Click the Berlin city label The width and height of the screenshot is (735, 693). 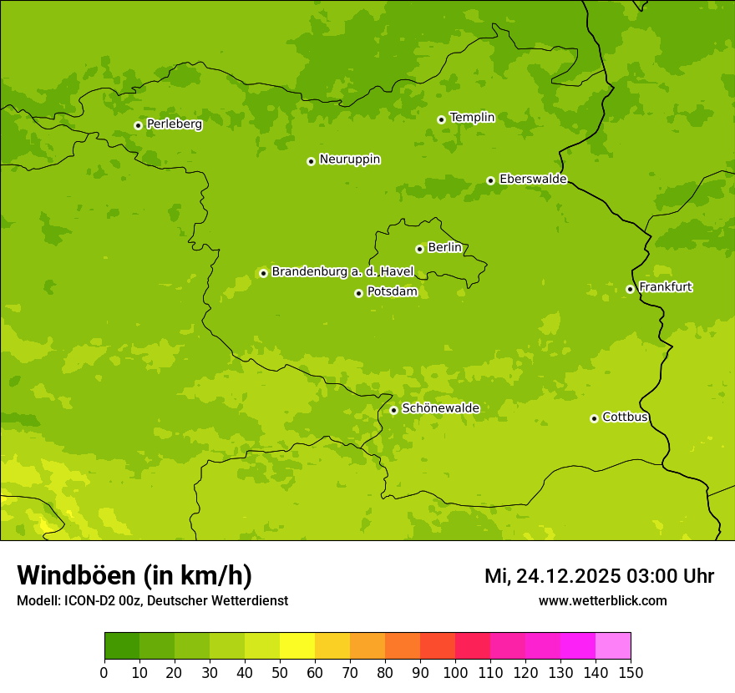[444, 248]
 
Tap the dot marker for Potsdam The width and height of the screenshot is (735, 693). [358, 293]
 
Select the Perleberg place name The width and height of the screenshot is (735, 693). [175, 124]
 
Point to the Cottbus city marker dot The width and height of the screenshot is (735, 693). [594, 418]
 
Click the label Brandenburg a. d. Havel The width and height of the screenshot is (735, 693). [342, 272]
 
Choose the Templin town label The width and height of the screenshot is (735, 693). [472, 118]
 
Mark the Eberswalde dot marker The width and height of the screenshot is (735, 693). [490, 180]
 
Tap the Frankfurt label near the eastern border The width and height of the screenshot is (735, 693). [665, 287]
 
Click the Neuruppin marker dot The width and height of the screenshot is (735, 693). [311, 161]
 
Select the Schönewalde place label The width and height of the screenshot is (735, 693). [440, 408]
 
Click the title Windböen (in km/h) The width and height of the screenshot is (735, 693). [134, 575]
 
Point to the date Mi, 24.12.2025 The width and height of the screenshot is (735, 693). [552, 576]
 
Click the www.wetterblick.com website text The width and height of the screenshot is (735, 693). [602, 600]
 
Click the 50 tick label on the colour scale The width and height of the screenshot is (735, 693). [280, 672]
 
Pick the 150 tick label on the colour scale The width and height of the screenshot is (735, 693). [631, 672]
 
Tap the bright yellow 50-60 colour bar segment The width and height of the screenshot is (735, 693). [297, 646]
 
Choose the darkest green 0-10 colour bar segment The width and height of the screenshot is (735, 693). [122, 646]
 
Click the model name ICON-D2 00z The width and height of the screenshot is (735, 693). [102, 600]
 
